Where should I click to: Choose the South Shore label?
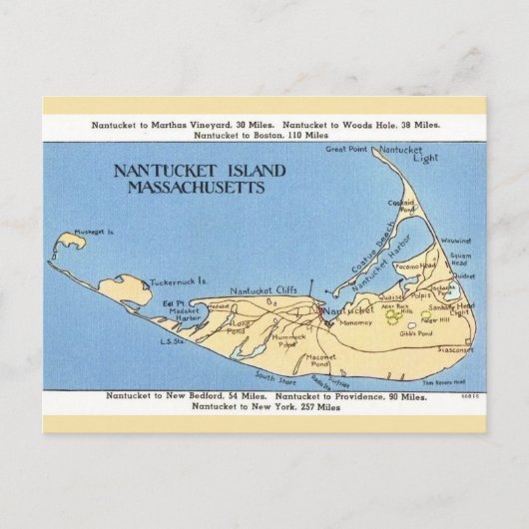(x=271, y=376)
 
